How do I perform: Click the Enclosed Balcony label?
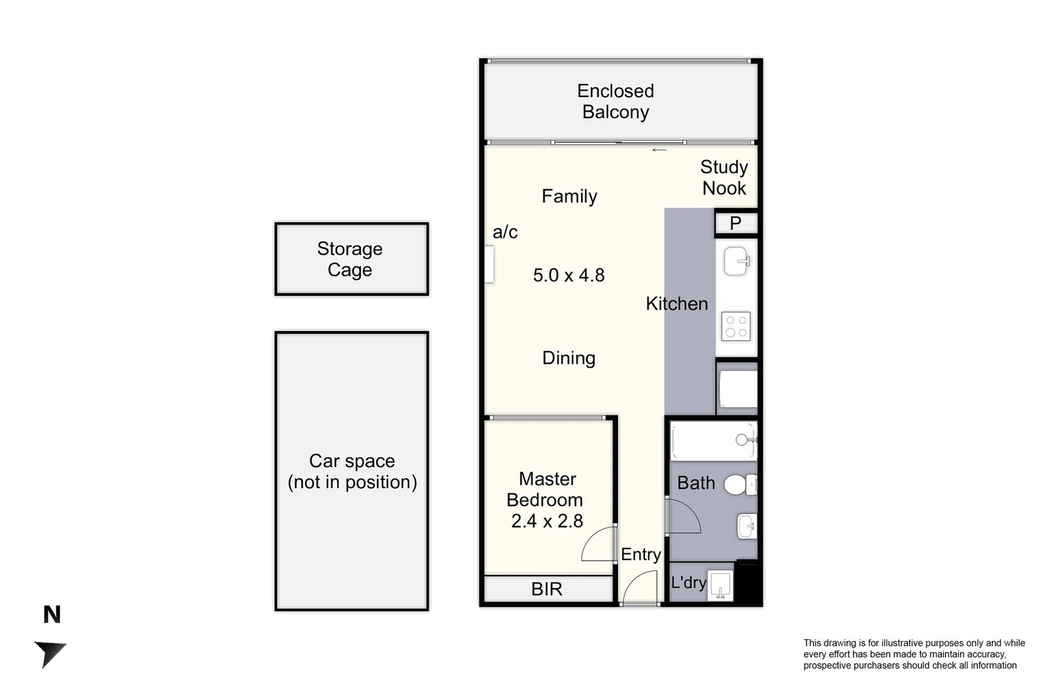(615, 101)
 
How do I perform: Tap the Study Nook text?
(724, 178)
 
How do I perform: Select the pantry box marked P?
(735, 224)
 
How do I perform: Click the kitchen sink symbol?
(735, 261)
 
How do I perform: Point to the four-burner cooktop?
(735, 326)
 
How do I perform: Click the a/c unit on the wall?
(489, 264)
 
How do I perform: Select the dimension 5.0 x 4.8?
(568, 275)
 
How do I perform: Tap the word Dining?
(568, 358)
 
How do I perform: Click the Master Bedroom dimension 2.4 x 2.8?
(547, 521)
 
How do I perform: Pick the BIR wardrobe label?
(546, 589)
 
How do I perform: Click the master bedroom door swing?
(598, 544)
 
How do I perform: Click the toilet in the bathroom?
(739, 484)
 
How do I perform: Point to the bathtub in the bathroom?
(712, 441)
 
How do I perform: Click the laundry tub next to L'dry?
(719, 586)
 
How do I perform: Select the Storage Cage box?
(351, 259)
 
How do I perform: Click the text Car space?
(351, 461)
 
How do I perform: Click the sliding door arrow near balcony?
(659, 150)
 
